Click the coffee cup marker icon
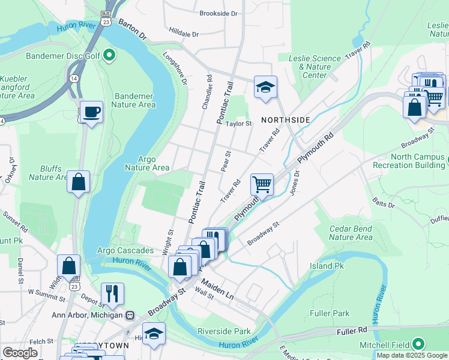pyautogui.click(x=91, y=112)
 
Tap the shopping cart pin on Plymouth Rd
pyautogui.click(x=262, y=184)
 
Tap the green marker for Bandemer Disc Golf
pyautogui.click(x=109, y=56)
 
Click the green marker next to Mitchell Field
pyautogui.click(x=418, y=344)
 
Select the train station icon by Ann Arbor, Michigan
pyautogui.click(x=130, y=315)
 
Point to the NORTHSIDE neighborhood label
pyautogui.click(x=285, y=120)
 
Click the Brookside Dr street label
pyautogui.click(x=218, y=13)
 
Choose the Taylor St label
pyautogui.click(x=238, y=124)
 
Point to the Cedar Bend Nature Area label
pyautogui.click(x=351, y=233)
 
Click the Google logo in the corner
pyautogui.click(x=20, y=353)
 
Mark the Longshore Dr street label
pyautogui.click(x=176, y=67)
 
